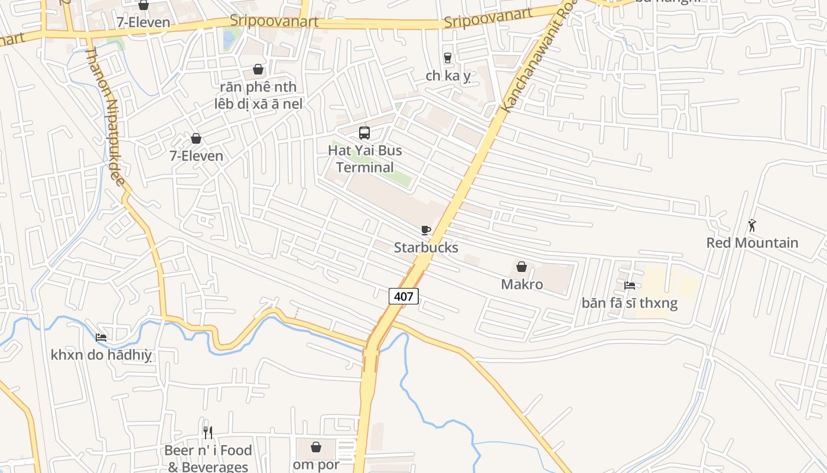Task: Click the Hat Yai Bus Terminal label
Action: pos(364,158)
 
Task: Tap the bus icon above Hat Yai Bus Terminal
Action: pos(364,133)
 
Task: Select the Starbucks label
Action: pos(426,247)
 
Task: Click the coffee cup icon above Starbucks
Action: pos(426,230)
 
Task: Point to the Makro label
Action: pos(522,284)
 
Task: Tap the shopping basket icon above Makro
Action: pos(522,267)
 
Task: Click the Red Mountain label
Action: pos(752,242)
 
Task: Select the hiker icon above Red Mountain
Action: pos(752,225)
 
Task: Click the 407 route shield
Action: pos(403,296)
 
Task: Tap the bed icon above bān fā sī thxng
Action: pos(630,286)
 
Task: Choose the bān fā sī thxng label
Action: pos(630,303)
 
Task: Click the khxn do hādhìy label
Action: pos(102,355)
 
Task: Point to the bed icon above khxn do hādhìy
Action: pos(102,338)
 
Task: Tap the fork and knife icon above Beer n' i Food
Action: pos(207,433)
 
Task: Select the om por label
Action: pos(316,464)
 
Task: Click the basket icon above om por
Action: pos(316,446)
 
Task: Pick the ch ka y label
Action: pos(448,76)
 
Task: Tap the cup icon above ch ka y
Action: pos(448,58)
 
